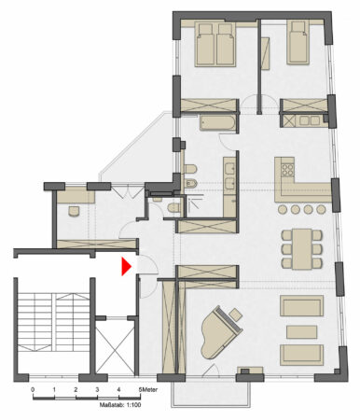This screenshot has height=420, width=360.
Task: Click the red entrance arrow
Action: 124,267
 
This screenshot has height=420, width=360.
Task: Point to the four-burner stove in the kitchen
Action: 284,171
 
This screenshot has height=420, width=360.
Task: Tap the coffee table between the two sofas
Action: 301,331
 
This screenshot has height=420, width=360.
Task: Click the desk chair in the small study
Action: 72,211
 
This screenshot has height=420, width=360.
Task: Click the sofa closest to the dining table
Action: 302,306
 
